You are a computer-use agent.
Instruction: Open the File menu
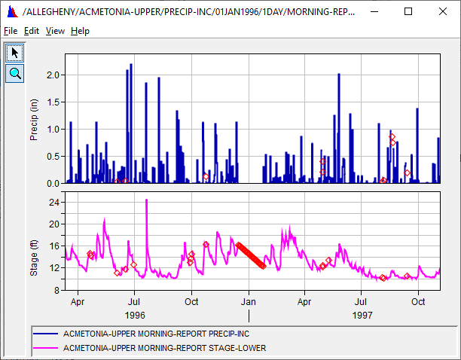[10, 31]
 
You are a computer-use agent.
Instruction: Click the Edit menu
[31, 31]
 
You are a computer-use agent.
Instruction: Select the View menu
[55, 31]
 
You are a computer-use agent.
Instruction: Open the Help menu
[81, 31]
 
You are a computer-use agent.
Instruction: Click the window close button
[443, 11]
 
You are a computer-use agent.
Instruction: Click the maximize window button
[408, 11]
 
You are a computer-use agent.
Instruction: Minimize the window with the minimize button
[374, 11]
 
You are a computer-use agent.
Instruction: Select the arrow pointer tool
[14, 53]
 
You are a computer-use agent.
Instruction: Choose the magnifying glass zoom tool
[14, 73]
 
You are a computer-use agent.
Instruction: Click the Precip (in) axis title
[34, 119]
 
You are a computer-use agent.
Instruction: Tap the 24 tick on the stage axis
[53, 203]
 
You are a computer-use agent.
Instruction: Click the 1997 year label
[362, 315]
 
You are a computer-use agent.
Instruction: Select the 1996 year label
[135, 315]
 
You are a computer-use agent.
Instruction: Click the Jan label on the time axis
[248, 301]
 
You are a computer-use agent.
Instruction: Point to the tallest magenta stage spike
[146, 200]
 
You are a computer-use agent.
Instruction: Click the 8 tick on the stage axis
[56, 289]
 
